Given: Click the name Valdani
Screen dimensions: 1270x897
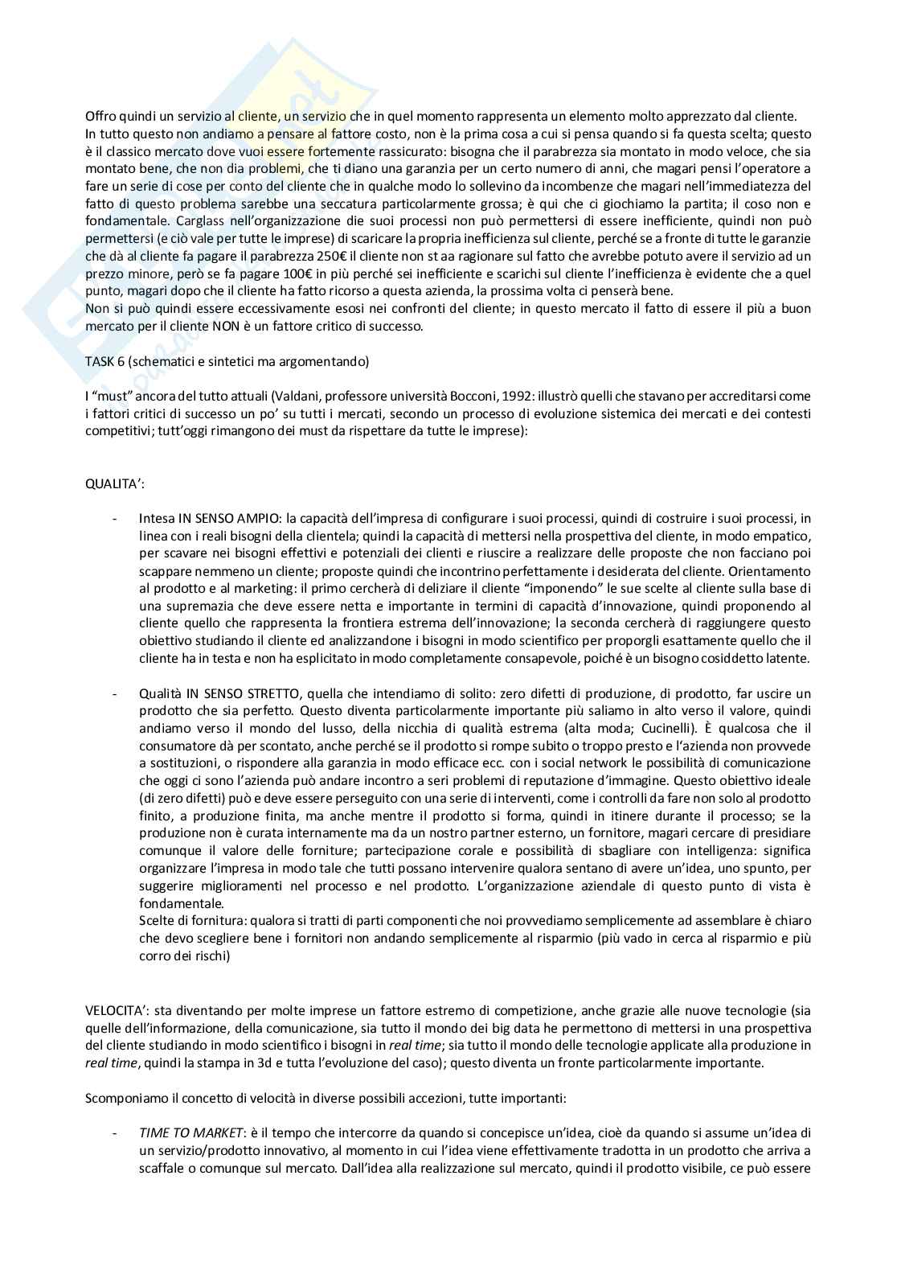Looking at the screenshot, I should pos(258,397).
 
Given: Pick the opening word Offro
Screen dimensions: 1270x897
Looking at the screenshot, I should pos(100,116).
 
